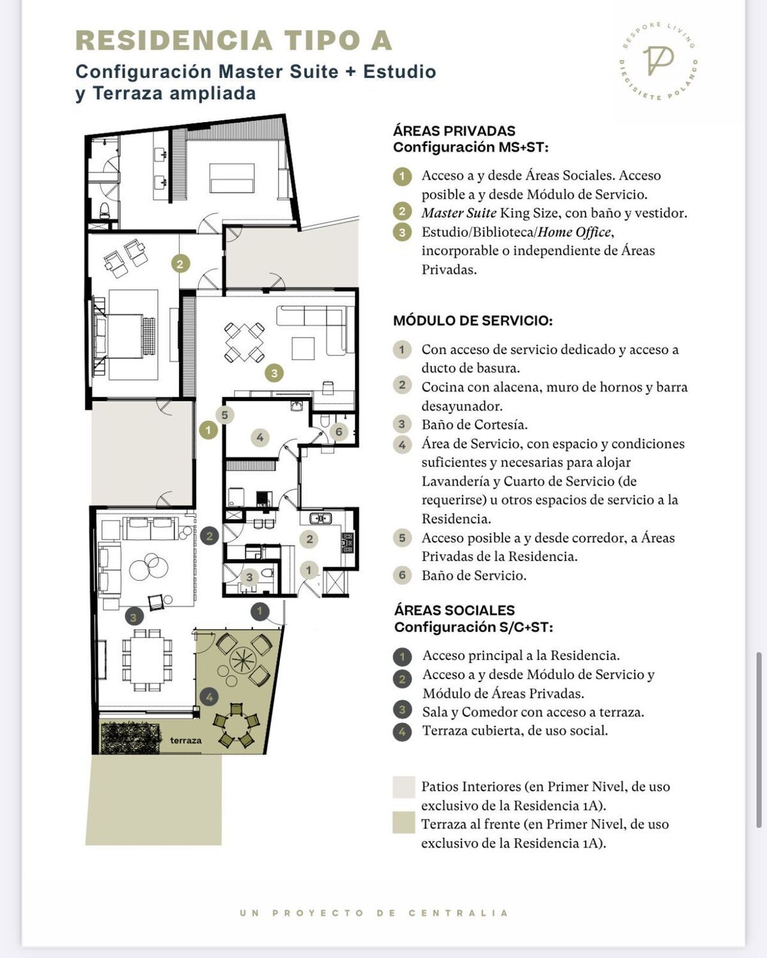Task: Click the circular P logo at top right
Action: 658,61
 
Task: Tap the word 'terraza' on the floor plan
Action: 185,741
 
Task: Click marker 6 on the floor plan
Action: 339,431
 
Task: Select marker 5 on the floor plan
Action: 225,415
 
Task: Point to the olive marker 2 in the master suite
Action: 180,263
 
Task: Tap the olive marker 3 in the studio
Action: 274,373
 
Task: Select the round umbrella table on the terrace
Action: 243,659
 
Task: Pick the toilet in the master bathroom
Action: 104,208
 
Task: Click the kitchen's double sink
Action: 320,518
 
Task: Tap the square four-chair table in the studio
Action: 244,342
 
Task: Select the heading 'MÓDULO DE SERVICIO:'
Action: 473,320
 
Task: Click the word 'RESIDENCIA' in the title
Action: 174,40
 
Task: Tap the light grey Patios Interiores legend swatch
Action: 404,787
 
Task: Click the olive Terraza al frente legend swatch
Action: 404,822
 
